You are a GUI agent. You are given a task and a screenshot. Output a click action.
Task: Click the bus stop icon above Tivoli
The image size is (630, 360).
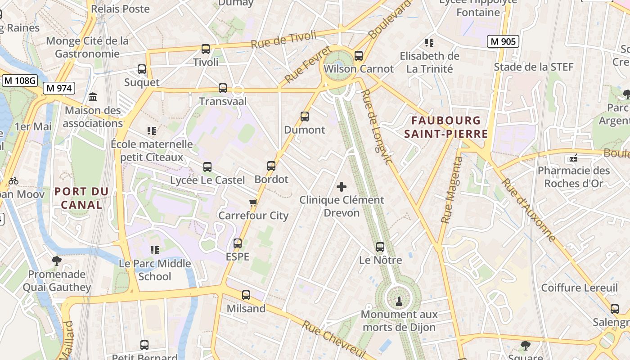tap(206, 49)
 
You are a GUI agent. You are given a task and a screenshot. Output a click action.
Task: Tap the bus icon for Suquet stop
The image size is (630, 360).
tap(142, 69)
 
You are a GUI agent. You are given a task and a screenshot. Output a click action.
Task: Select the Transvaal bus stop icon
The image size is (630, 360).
tap(223, 88)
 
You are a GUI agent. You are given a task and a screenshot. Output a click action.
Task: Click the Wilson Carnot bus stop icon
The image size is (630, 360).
tap(359, 56)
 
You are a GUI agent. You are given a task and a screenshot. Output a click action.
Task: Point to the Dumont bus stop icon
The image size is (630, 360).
tap(305, 117)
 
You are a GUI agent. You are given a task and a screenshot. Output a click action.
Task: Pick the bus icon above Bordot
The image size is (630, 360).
tap(271, 166)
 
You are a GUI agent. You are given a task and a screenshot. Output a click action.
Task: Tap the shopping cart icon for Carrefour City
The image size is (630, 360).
tap(253, 202)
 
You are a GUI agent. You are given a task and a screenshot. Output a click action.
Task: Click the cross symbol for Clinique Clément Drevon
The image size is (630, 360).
tap(342, 186)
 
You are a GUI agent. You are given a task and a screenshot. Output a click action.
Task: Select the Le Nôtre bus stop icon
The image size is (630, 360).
tap(380, 247)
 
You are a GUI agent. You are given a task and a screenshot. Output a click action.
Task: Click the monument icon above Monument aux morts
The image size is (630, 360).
tap(399, 301)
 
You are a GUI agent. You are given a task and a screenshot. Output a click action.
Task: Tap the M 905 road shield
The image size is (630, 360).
tap(503, 42)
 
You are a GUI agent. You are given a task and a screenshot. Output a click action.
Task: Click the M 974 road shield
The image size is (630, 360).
tap(59, 88)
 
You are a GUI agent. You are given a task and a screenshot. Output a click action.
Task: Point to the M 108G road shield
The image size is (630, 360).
tap(20, 81)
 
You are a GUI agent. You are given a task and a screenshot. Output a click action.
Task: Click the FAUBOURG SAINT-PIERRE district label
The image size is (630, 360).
tap(446, 127)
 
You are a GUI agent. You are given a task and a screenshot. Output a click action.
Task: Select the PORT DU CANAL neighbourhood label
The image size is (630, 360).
tap(81, 198)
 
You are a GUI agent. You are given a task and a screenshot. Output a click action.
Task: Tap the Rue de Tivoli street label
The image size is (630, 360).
tap(283, 40)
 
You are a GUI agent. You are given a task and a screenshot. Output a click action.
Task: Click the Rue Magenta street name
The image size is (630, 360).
tap(452, 190)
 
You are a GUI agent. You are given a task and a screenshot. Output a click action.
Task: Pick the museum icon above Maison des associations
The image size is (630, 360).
tap(93, 97)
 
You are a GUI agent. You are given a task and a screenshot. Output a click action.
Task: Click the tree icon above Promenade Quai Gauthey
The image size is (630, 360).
tap(57, 261)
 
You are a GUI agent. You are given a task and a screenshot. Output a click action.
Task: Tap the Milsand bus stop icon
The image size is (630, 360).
tap(246, 295)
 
